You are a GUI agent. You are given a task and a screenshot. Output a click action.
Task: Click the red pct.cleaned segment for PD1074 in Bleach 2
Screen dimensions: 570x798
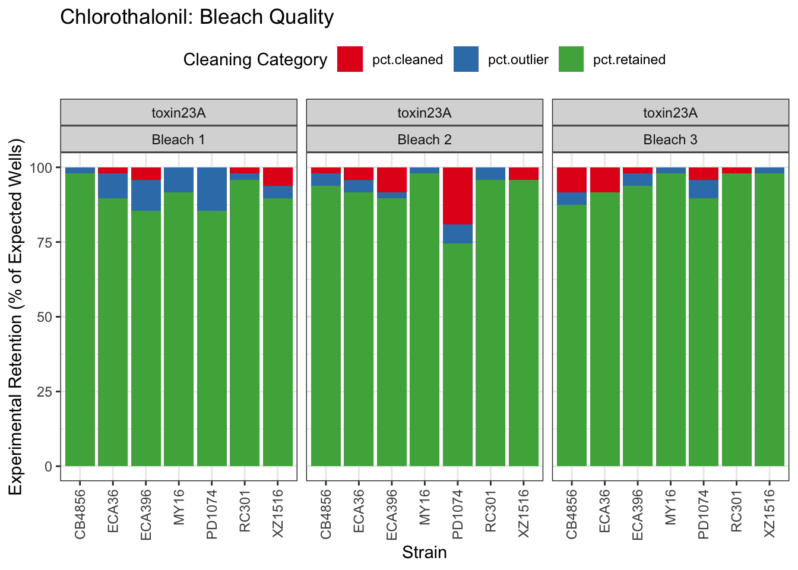(457, 195)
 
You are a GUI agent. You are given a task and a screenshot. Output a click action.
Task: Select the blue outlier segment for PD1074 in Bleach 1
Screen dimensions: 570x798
(212, 189)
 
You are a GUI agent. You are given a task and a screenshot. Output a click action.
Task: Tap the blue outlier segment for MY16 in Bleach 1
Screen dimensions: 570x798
(179, 179)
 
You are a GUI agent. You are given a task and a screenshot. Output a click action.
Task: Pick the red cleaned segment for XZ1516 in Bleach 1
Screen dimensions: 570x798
(278, 176)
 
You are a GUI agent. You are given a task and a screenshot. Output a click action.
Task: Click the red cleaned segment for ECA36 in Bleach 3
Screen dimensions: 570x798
(605, 179)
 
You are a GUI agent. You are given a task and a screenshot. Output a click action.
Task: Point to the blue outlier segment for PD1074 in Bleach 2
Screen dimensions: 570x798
(457, 233)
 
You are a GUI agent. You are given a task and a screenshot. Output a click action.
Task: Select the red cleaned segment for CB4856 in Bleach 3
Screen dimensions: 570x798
(572, 179)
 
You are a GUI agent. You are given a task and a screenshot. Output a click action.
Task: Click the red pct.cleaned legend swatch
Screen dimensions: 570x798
(350, 59)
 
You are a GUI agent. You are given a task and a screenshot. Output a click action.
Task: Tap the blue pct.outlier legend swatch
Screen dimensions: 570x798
(465, 59)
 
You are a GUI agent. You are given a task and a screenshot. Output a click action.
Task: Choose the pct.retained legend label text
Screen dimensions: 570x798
(629, 60)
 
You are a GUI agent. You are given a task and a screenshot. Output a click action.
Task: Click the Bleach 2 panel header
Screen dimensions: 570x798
(425, 140)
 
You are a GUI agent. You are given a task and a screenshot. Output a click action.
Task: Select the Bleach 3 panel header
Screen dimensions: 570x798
(670, 140)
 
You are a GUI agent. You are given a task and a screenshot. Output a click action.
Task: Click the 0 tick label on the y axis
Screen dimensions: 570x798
(49, 467)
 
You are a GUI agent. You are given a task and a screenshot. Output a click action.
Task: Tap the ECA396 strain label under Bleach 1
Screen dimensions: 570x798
(146, 514)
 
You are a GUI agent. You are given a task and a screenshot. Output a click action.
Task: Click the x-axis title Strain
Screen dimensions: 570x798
(425, 553)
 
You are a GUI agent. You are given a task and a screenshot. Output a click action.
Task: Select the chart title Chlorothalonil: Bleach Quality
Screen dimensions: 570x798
(197, 17)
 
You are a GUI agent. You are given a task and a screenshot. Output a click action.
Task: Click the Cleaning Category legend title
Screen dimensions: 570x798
(255, 60)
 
